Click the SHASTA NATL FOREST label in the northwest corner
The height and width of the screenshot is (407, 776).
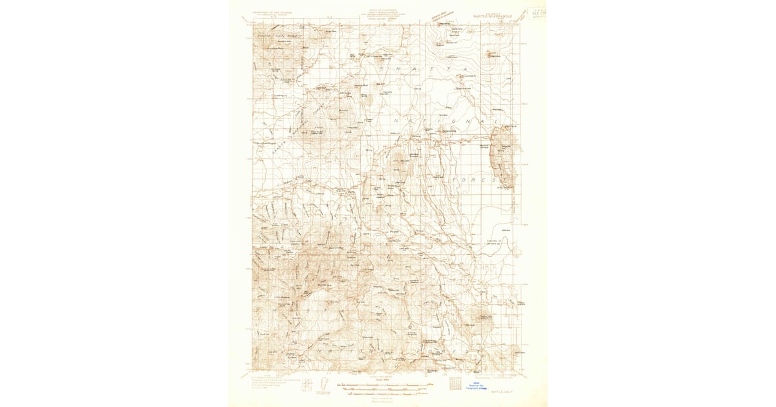pos(275,36)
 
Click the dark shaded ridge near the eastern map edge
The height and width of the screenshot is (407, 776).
pos(502,155)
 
